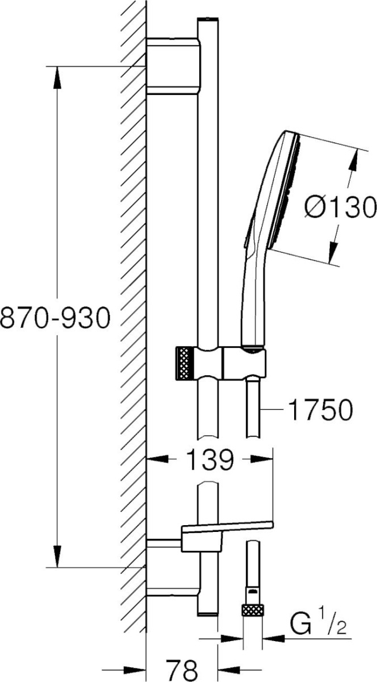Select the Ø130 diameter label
pos(340,207)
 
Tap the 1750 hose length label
pos(321,410)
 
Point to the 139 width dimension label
pos(210,459)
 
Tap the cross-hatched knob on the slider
pos(185,364)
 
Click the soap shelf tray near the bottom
pos(227,531)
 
